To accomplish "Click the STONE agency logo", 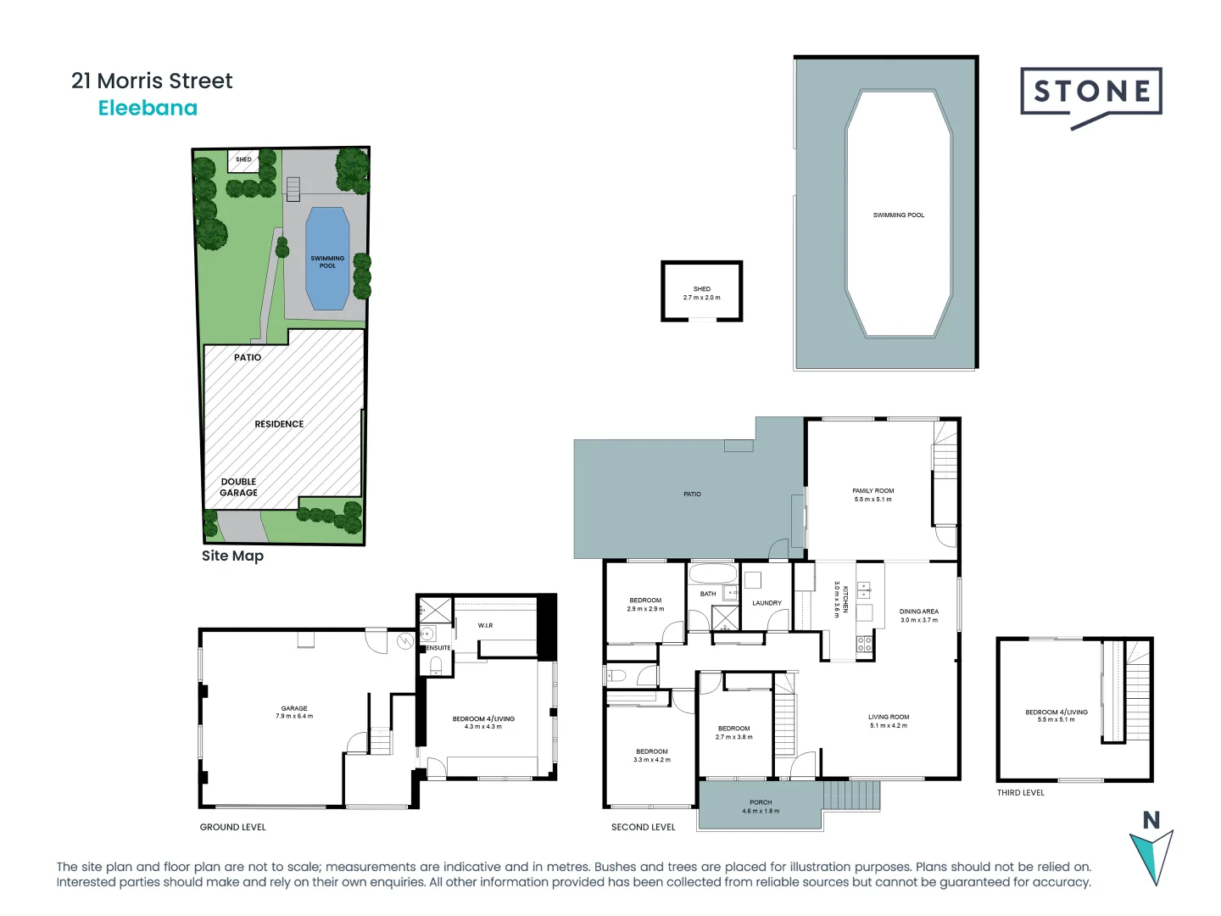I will click(x=1091, y=93).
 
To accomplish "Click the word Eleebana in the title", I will click(x=148, y=108).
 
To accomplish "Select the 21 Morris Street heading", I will click(x=152, y=81).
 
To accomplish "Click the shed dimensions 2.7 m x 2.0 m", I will click(x=702, y=298).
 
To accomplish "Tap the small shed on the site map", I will click(x=243, y=160).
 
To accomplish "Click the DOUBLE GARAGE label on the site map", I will click(x=238, y=487).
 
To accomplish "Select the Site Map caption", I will click(x=232, y=556).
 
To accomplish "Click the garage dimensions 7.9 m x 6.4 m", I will click(x=294, y=717).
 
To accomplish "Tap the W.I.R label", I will click(x=485, y=626).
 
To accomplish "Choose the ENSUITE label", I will click(x=438, y=648).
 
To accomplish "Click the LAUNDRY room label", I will click(x=767, y=603).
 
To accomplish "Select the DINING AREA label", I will click(x=919, y=612).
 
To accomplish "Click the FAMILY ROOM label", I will click(x=873, y=491).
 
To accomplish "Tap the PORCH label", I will click(x=761, y=802).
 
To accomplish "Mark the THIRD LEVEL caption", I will click(x=1021, y=793).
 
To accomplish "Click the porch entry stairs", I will click(x=851, y=796).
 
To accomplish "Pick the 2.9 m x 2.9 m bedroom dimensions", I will click(x=645, y=609).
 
